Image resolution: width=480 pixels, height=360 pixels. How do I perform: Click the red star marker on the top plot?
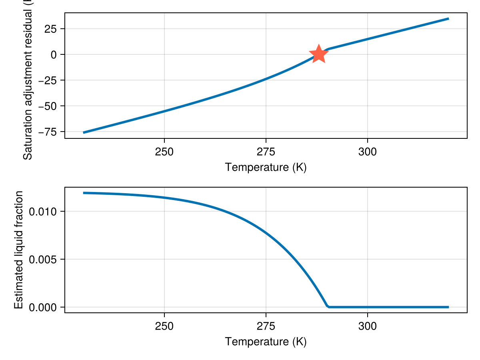[x=318, y=54]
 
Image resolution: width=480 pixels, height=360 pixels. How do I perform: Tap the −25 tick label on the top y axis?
[x=48, y=80]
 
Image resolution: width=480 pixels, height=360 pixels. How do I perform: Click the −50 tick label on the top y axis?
[x=48, y=106]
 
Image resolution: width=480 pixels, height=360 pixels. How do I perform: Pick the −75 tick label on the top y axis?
[x=48, y=132]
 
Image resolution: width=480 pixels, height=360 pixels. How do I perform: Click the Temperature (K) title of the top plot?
[x=266, y=167]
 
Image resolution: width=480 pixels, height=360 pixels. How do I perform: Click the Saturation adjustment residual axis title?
[x=28, y=80]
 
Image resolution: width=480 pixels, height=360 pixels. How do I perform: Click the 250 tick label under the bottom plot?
[x=164, y=326]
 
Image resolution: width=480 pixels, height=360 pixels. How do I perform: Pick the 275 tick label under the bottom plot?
[x=266, y=326]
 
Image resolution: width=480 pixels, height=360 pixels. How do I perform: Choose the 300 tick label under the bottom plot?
[x=367, y=326]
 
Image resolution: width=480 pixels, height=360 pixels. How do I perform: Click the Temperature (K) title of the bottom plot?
[x=266, y=341]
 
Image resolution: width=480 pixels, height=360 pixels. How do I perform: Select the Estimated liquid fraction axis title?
[x=18, y=250]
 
